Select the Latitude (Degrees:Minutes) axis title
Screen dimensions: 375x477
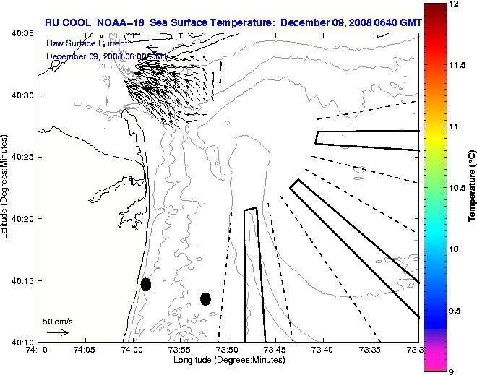pos(6,187)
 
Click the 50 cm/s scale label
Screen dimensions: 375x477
pos(58,321)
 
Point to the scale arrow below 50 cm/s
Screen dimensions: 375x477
pos(58,332)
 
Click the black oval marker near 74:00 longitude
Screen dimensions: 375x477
pos(146,284)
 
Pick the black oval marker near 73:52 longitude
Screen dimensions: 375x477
pos(205,298)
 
